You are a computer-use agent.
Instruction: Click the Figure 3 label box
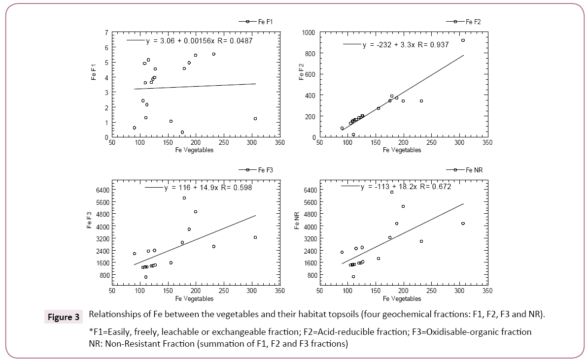coord(63,317)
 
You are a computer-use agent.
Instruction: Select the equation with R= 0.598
coord(207,188)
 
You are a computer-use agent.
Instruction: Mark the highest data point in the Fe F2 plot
coord(463,40)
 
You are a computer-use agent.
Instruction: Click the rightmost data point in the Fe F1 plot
coord(255,119)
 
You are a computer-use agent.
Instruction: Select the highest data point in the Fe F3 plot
coord(184,198)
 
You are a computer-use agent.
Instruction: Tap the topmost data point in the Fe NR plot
coord(392,192)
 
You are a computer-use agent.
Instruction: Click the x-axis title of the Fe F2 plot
coord(402,150)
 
